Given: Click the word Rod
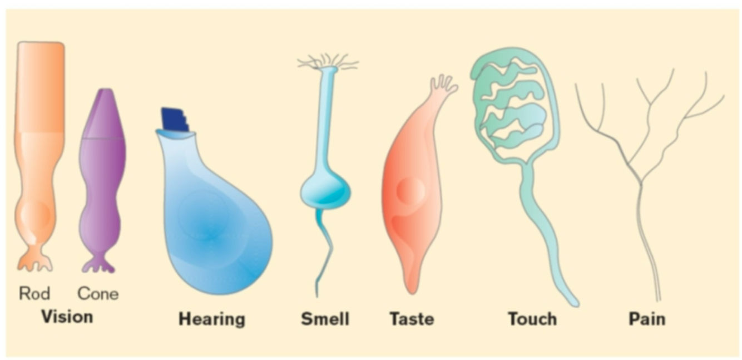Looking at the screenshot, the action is point(34,293).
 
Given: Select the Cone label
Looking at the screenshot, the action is point(98,293).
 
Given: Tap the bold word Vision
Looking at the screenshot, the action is point(67,317).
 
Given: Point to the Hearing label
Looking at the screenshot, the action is point(211,319).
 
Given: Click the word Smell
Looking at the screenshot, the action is point(325,319).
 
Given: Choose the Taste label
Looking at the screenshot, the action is point(411,319).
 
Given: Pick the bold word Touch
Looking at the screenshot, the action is point(532,319).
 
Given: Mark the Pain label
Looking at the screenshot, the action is point(646,319).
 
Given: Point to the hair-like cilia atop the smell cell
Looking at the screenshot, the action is point(328,61).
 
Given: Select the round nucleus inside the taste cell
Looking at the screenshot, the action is point(412,190).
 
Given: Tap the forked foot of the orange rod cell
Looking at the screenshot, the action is point(34,262).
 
